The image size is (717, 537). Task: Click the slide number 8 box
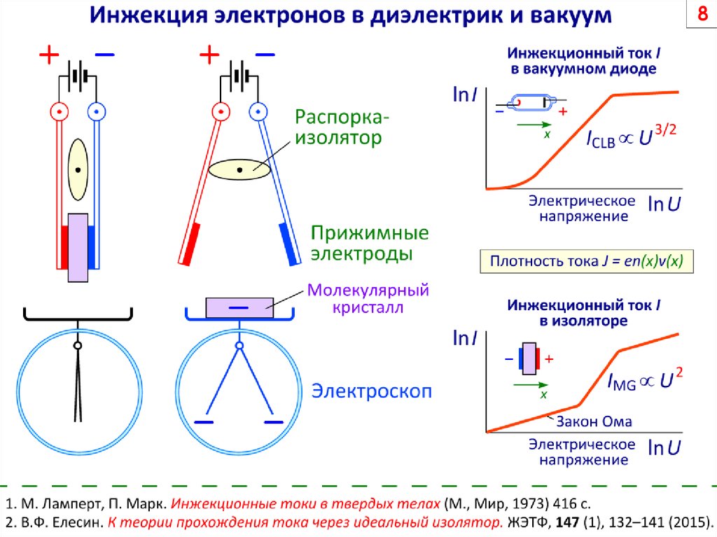point(699,16)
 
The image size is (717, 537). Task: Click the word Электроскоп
point(371,391)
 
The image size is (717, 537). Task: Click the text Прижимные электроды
point(360,242)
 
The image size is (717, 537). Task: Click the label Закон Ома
point(594,421)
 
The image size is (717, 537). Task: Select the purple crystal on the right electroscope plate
point(239,307)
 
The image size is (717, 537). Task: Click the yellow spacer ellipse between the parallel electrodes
point(78,169)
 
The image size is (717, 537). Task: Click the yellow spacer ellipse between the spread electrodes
point(239,169)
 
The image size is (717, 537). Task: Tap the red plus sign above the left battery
point(48,55)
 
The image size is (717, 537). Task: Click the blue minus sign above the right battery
point(265,54)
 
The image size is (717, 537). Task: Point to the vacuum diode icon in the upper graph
point(529,103)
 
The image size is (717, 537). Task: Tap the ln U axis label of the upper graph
point(664,204)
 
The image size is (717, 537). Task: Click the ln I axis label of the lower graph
point(466,340)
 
